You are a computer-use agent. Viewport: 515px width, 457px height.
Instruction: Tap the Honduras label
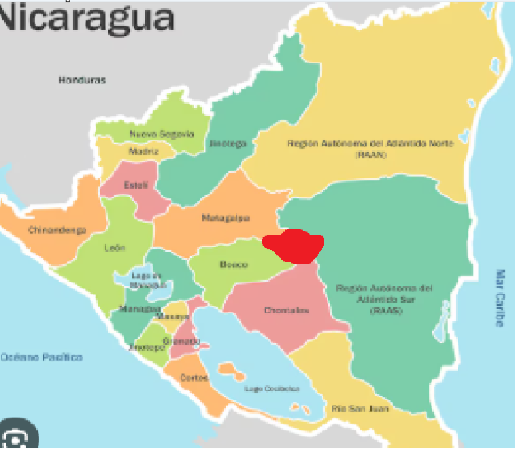(82, 80)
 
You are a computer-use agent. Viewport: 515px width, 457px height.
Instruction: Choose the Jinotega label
(223, 144)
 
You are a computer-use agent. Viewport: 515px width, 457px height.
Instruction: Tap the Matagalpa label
(226, 218)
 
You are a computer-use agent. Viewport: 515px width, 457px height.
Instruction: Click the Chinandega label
(57, 230)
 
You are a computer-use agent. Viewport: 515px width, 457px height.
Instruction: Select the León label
(114, 248)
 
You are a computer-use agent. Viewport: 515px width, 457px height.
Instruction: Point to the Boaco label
(233, 265)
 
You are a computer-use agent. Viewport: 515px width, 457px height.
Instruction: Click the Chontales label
(286, 310)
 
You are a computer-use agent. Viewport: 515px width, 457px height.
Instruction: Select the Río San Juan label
(350, 409)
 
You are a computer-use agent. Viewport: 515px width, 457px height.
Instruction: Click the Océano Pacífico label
(41, 357)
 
